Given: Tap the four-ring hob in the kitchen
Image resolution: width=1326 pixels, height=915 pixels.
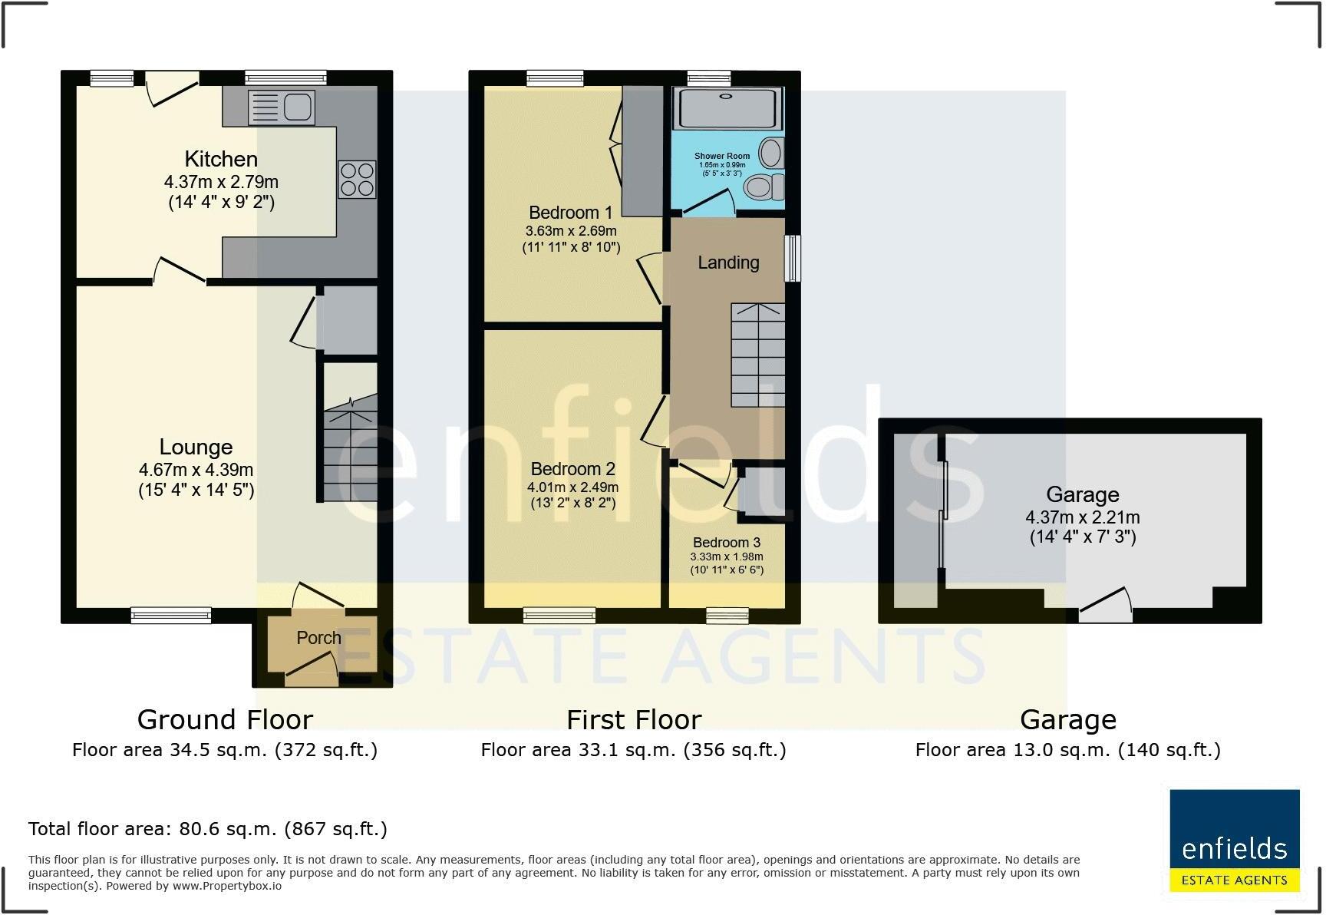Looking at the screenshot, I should (x=357, y=179).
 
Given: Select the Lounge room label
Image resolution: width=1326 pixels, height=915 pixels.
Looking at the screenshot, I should (x=196, y=447).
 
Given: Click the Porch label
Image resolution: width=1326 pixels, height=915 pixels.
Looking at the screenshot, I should (x=318, y=638).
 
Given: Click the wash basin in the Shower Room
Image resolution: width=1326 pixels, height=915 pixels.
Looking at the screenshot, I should (x=771, y=153).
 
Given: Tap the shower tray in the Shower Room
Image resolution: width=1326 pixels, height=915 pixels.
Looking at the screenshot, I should (x=727, y=108).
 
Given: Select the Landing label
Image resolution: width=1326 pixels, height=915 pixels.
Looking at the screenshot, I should (x=728, y=263).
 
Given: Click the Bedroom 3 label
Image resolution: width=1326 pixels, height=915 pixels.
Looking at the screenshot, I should (x=726, y=543).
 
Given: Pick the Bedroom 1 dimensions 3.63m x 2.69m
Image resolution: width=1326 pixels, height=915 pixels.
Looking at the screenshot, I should (x=571, y=230).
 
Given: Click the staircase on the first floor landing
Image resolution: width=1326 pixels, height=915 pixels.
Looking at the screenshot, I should (x=757, y=355).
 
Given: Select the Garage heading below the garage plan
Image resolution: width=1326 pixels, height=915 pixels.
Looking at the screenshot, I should (x=1067, y=720).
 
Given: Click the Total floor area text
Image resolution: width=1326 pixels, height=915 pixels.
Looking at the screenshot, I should (x=207, y=829).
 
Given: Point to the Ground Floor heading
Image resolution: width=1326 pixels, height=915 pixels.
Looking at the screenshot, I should (x=225, y=720).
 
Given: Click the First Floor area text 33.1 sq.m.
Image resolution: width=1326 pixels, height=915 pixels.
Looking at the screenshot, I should (x=633, y=750).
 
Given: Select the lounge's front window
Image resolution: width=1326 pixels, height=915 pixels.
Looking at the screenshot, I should (x=170, y=614).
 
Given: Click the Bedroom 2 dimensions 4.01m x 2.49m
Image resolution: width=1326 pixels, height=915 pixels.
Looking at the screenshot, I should (x=572, y=487).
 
